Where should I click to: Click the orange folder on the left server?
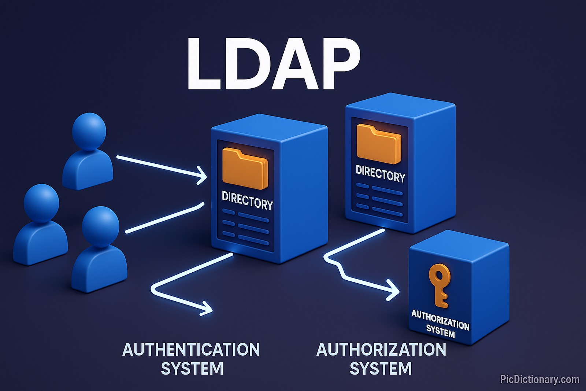coord(245,169)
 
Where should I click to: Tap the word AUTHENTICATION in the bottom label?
coord(191,350)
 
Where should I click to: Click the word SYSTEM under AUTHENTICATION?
coord(192,369)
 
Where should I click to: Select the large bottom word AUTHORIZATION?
coord(381,350)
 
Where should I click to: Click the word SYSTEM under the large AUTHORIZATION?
coord(381,369)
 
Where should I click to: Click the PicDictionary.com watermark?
coord(539,379)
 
